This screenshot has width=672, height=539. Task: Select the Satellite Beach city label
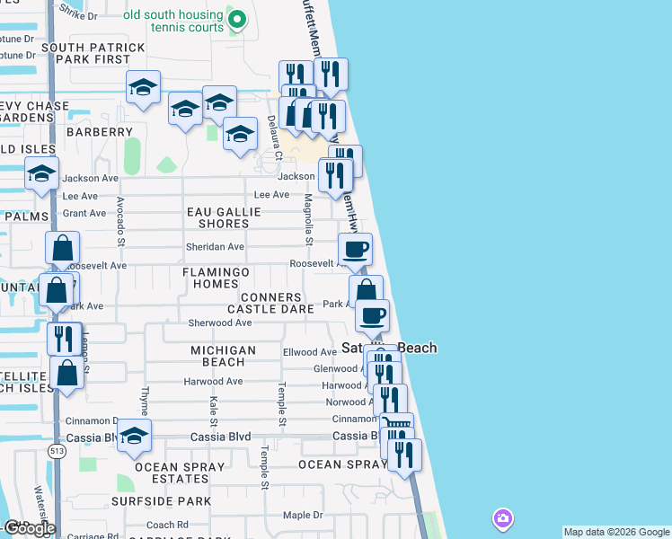click(x=389, y=348)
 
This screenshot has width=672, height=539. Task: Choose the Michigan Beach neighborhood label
click(x=223, y=356)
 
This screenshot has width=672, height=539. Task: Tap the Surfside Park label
click(x=162, y=501)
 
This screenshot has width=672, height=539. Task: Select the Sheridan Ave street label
click(x=216, y=247)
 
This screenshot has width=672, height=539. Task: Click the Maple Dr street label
click(x=302, y=515)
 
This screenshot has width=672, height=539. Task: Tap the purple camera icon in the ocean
click(x=502, y=518)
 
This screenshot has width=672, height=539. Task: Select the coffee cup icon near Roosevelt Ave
click(x=354, y=249)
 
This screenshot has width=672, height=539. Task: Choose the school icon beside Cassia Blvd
click(x=134, y=436)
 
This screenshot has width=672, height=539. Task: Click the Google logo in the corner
click(x=29, y=528)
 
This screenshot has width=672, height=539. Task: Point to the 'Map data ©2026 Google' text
click(x=616, y=532)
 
